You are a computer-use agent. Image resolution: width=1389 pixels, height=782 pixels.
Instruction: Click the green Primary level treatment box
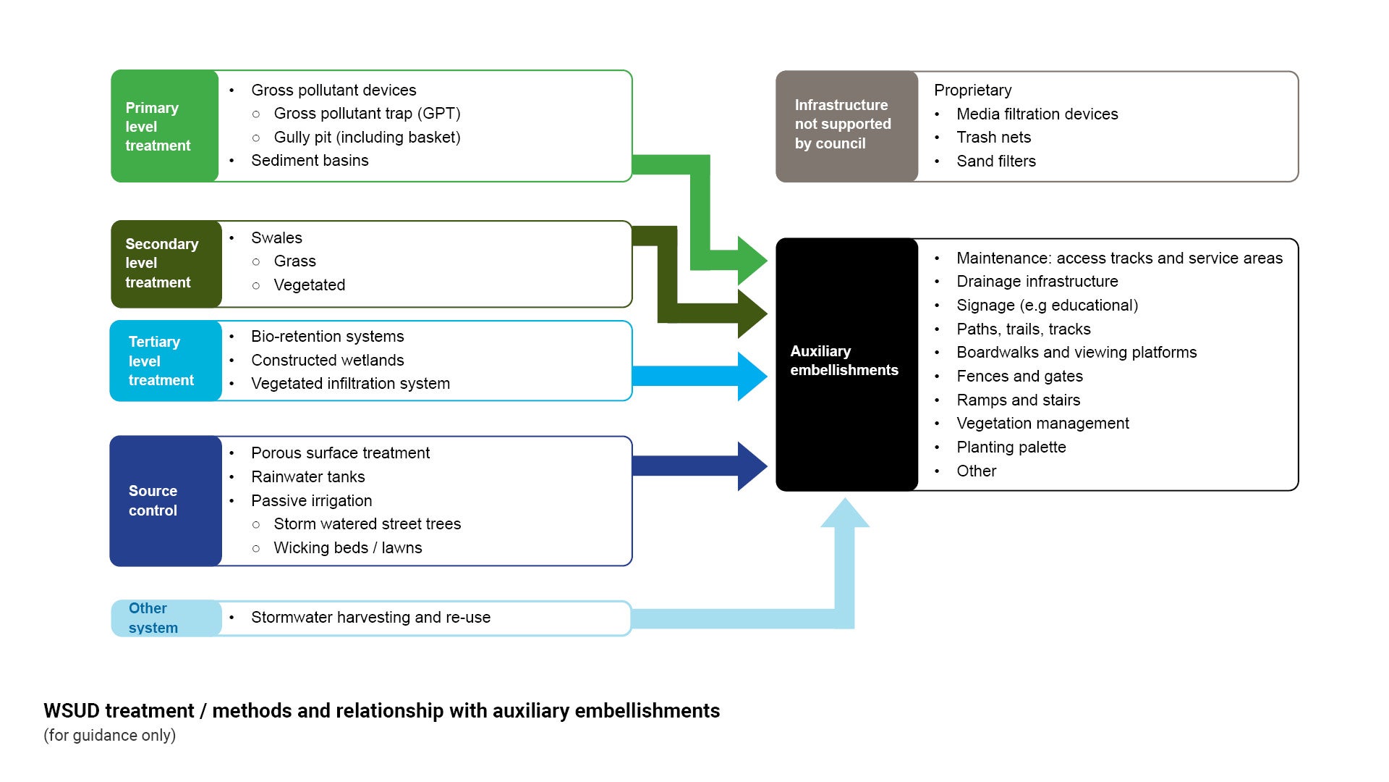[x=165, y=126]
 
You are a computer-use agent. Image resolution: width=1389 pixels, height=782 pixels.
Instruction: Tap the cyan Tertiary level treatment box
[x=166, y=361]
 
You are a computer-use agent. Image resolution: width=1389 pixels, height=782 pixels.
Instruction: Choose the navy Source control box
[x=166, y=500]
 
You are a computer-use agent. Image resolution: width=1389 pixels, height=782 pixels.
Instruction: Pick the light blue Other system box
[x=166, y=618]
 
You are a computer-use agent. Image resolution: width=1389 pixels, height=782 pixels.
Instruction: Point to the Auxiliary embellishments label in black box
[x=844, y=361]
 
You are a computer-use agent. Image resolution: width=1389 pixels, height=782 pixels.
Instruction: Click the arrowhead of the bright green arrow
[x=752, y=260]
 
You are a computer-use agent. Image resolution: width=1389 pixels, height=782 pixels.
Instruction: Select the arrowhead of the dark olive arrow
[x=752, y=314]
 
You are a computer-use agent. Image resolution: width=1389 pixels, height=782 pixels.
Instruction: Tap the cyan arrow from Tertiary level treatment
[x=694, y=377]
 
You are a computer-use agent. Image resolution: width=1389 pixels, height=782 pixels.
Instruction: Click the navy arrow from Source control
[x=694, y=466]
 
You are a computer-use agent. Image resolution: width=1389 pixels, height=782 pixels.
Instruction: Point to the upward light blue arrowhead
[x=844, y=513]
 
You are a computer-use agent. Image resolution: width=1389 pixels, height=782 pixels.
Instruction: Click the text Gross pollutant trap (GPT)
[x=367, y=114]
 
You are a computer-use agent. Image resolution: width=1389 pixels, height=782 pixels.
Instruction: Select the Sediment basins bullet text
[x=310, y=161]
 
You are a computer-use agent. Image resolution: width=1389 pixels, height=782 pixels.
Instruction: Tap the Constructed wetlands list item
[x=327, y=361]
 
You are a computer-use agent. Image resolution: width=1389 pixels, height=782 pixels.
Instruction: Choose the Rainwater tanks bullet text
[x=307, y=477]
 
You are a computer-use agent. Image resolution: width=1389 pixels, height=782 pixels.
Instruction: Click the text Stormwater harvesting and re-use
[x=370, y=618]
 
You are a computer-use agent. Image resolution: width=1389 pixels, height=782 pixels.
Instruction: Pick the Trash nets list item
[x=993, y=138]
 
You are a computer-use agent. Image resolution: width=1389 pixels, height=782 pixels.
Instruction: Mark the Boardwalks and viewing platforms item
[x=1076, y=353]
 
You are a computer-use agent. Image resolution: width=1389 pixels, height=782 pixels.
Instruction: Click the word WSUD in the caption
[x=72, y=711]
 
